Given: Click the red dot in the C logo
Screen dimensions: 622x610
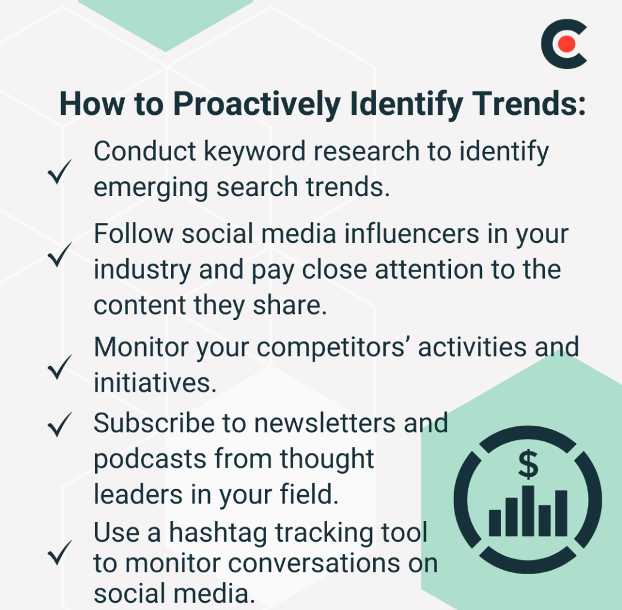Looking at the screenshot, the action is tap(566, 44).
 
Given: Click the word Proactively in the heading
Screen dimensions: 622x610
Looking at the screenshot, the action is tap(257, 104).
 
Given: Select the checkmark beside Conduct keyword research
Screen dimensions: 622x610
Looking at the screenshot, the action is tap(59, 172).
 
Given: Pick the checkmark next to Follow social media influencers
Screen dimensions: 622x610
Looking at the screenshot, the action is tap(59, 254).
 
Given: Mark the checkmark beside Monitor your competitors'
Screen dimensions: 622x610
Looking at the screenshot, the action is tap(59, 367).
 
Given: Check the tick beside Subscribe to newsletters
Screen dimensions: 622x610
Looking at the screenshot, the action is tap(59, 424).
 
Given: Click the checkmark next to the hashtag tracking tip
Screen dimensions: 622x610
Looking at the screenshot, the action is tap(59, 552).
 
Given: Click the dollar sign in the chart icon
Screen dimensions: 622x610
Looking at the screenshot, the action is tap(528, 464).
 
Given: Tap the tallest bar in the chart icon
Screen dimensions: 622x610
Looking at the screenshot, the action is tap(528, 511).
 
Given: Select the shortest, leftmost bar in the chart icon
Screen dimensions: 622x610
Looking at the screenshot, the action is tap(495, 523).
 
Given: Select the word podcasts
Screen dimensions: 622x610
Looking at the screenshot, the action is tap(150, 460).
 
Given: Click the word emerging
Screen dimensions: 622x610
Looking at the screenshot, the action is tap(151, 188).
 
